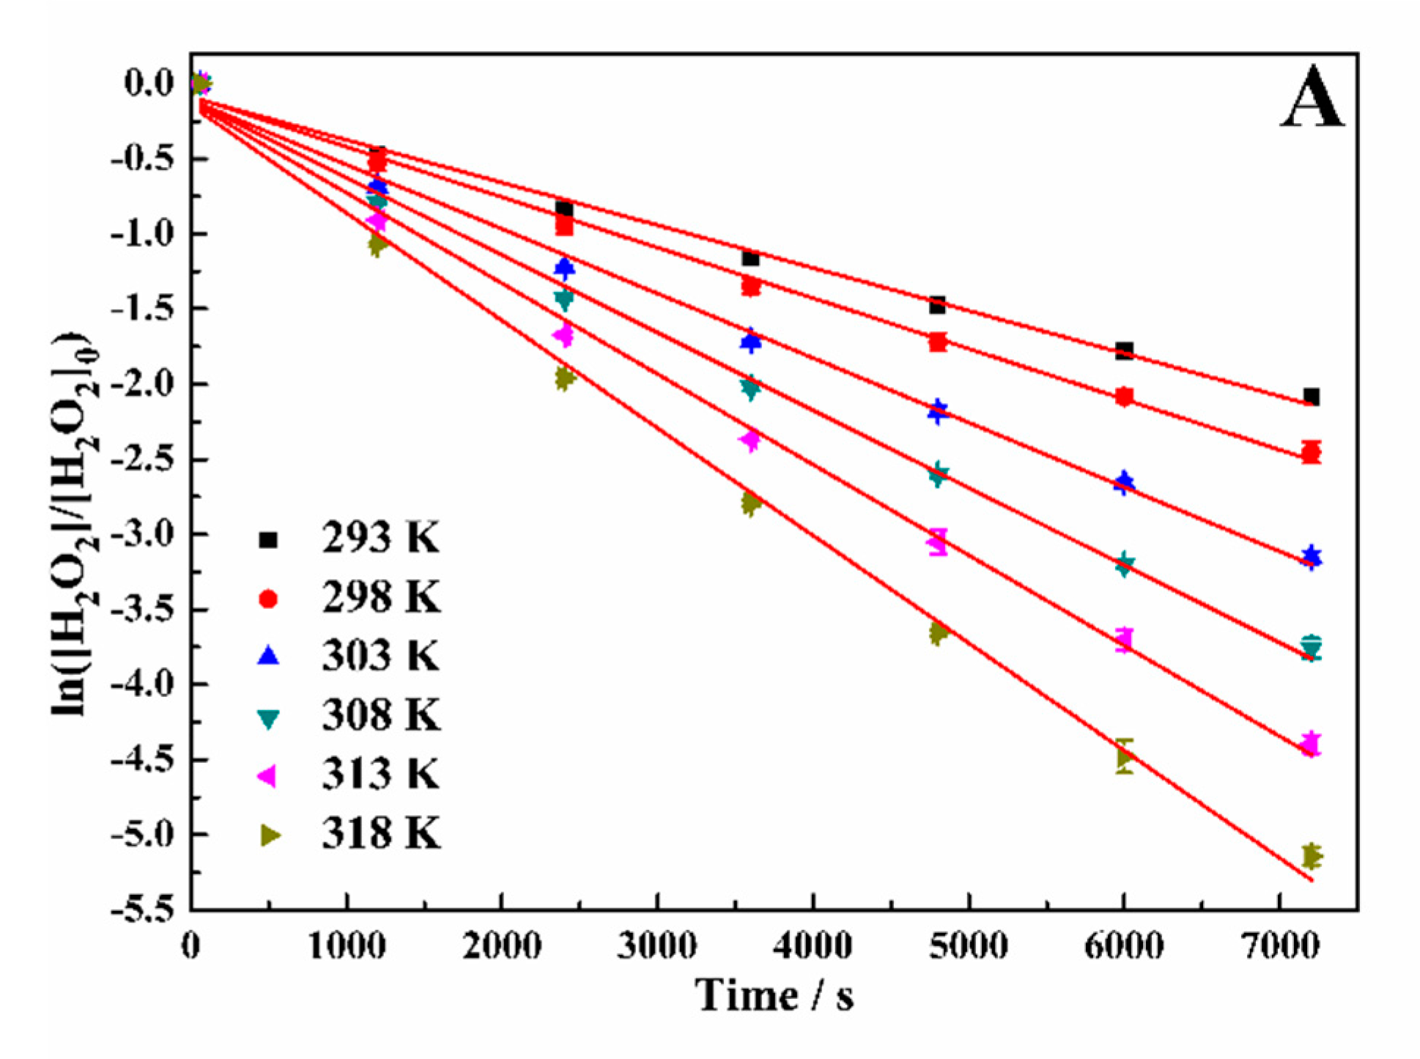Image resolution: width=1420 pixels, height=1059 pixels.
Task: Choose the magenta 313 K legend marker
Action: [x=268, y=775]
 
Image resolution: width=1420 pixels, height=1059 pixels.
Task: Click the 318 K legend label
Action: [x=381, y=833]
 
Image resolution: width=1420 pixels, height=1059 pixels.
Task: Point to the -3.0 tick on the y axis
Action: [x=141, y=534]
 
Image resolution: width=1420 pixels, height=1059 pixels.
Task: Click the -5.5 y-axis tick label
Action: [x=141, y=909]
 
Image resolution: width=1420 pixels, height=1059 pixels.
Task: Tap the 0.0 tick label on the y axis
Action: [x=149, y=83]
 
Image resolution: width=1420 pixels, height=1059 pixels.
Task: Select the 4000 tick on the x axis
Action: [x=813, y=946]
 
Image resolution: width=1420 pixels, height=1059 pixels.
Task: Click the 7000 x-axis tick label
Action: [x=1280, y=946]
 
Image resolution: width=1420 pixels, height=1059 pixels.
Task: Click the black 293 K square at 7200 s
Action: [x=1311, y=396]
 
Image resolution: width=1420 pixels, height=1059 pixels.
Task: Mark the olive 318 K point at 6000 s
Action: [x=1125, y=756]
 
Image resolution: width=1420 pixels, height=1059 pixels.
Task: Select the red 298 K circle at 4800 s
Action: [x=937, y=342]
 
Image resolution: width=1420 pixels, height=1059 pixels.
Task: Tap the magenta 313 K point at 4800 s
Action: [x=937, y=542]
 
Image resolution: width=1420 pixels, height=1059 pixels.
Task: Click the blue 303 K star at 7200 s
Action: [x=1311, y=557]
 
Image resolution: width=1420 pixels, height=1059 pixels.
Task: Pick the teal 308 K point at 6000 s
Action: [x=1124, y=564]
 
